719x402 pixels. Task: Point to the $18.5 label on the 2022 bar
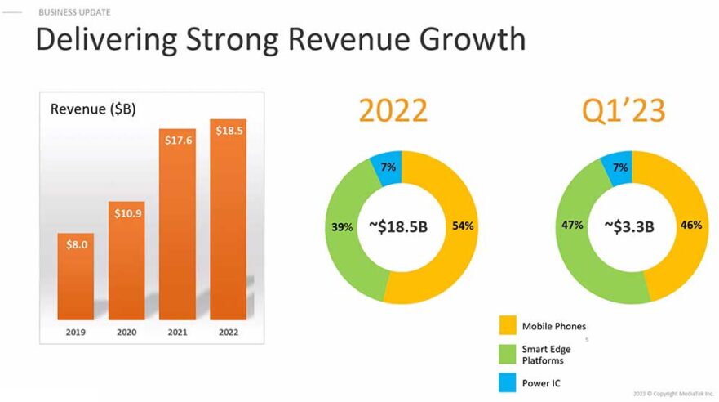[229, 131]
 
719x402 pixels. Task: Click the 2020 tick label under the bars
[126, 333]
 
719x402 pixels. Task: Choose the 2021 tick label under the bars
[177, 333]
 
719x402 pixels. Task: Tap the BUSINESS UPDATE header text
[74, 12]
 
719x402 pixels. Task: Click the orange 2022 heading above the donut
[393, 110]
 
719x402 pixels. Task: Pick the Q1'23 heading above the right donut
[624, 110]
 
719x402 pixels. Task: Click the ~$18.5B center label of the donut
[397, 226]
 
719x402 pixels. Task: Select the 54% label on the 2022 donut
[464, 226]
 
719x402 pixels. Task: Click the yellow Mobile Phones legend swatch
[507, 326]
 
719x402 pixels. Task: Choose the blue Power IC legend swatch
[507, 382]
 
